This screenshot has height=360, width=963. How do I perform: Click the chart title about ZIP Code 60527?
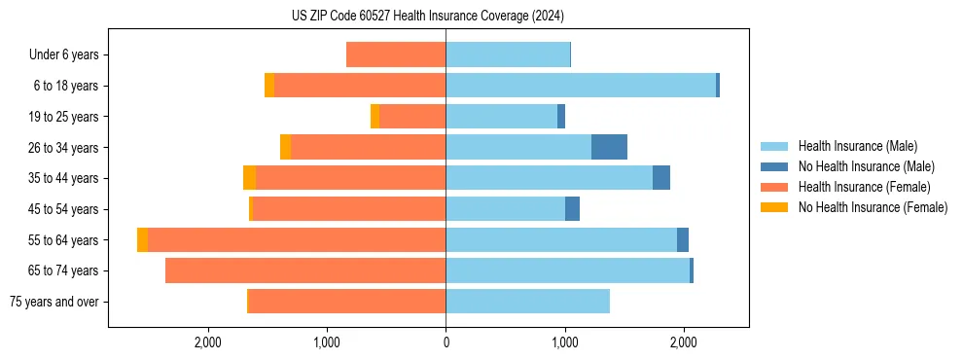[x=427, y=16]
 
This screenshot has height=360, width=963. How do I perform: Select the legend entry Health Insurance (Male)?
[x=857, y=146]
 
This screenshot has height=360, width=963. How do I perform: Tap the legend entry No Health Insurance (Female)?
[x=873, y=207]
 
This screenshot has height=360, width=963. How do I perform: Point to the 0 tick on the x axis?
[x=446, y=342]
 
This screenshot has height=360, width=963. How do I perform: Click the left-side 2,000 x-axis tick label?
[x=208, y=342]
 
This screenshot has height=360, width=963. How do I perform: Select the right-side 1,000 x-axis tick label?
[x=565, y=342]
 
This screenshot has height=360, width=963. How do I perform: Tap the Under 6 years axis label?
[x=64, y=55]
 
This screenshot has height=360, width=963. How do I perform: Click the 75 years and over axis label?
[x=54, y=302]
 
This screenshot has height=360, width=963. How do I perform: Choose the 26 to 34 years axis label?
[x=65, y=148]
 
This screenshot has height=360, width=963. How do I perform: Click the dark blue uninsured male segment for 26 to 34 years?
[x=609, y=147]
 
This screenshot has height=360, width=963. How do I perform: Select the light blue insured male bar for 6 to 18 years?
[x=581, y=86]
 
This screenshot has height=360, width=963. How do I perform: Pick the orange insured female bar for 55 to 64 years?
[x=297, y=239]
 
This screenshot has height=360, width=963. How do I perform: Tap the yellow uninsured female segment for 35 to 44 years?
[x=249, y=178]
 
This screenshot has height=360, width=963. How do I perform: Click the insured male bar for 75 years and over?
[x=527, y=302]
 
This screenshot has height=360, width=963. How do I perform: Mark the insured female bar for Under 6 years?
[x=396, y=55]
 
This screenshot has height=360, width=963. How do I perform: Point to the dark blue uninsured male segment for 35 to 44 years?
[x=660, y=178]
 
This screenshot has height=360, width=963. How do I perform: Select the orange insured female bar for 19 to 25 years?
[x=412, y=117]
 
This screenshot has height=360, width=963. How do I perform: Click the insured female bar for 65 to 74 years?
[x=305, y=270]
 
